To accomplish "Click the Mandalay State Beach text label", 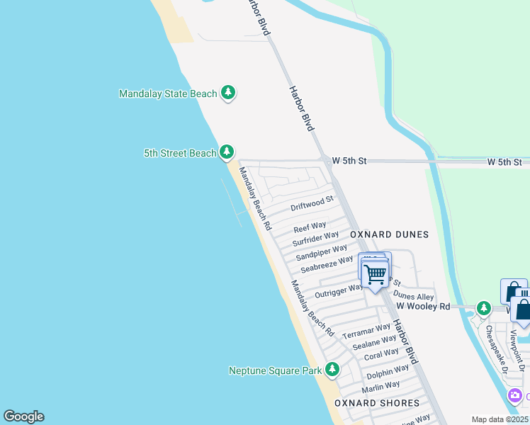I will pyautogui.click(x=167, y=93).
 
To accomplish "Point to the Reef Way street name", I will pyautogui.click(x=310, y=228).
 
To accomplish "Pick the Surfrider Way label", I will pyautogui.click(x=315, y=239).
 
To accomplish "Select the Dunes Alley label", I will pyautogui.click(x=413, y=296).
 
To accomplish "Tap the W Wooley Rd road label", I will pyautogui.click(x=423, y=307).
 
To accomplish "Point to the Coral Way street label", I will pyautogui.click(x=381, y=354).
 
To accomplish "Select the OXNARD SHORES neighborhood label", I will pyautogui.click(x=377, y=403).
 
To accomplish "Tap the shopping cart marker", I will pyautogui.click(x=375, y=273).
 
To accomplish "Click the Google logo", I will pyautogui.click(x=23, y=416).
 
